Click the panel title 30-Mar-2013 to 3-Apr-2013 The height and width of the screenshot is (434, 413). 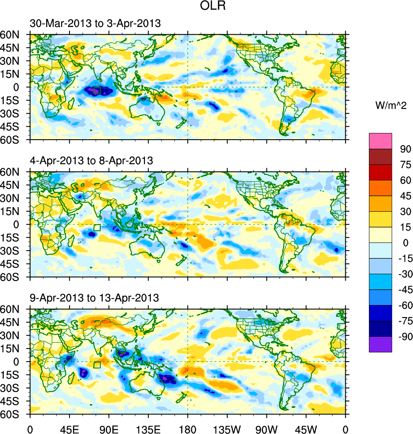(x=95, y=24)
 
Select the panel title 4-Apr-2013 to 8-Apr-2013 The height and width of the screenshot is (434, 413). (x=91, y=161)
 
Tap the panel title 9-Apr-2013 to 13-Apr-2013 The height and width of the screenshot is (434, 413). (x=94, y=297)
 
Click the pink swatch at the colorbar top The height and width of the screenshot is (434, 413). (x=380, y=141)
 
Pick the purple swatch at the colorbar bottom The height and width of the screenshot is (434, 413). (x=380, y=344)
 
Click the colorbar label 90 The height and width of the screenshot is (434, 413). (x=405, y=149)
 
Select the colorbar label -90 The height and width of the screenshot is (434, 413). (x=404, y=337)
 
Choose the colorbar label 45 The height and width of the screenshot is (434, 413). (x=405, y=196)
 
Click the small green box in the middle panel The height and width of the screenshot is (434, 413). (x=97, y=228)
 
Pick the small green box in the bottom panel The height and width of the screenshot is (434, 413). (x=97, y=365)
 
